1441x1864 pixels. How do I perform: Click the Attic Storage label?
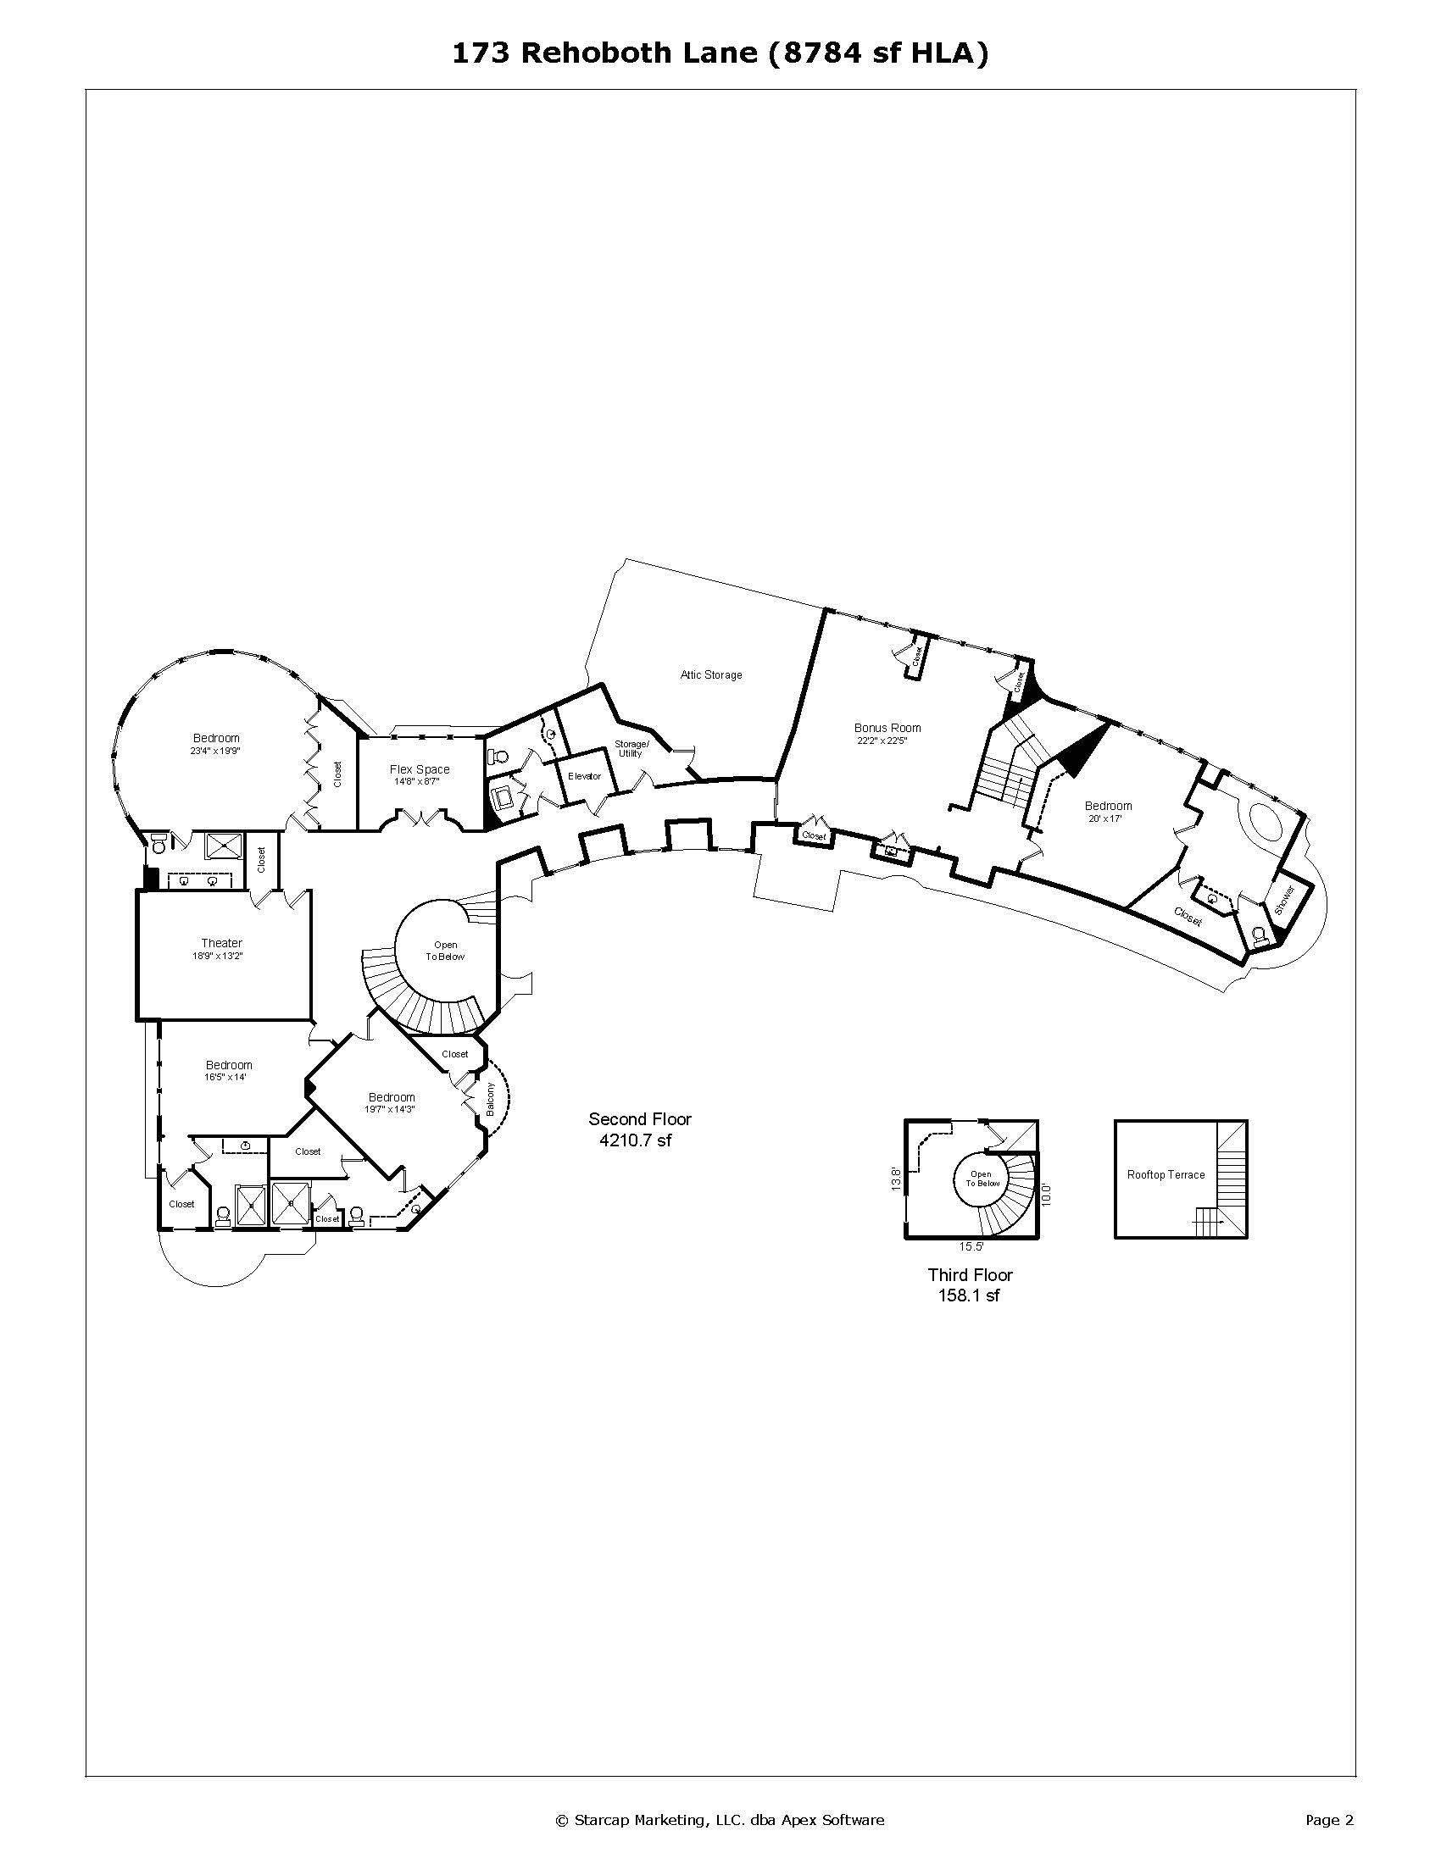point(710,675)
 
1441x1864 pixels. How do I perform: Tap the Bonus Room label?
point(887,728)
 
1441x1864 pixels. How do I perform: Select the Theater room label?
point(222,943)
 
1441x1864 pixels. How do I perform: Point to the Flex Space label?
point(419,769)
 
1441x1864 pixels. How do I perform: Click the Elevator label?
point(585,777)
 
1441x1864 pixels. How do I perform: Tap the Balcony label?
point(490,1099)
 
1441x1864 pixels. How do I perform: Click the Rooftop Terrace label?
point(1166,1174)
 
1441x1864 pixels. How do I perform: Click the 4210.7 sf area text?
point(635,1140)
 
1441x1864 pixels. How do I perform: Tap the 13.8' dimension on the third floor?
point(896,1179)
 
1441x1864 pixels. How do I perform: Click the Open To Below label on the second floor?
point(446,951)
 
